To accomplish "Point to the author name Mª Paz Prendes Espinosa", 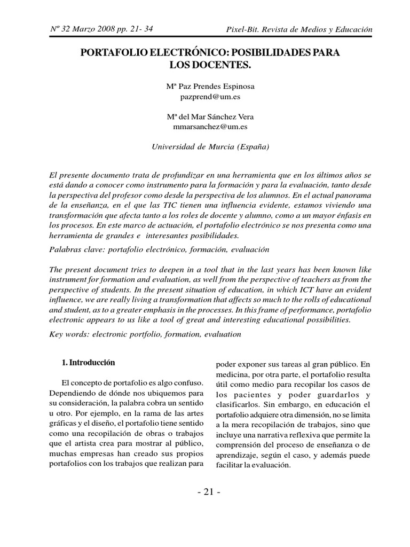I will click(210, 88).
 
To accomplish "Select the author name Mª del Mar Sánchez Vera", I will click(210, 117).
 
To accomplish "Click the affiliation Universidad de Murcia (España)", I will click(210, 147).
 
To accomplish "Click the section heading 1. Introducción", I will click(89, 362).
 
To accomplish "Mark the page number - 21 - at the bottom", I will click(206, 492).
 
